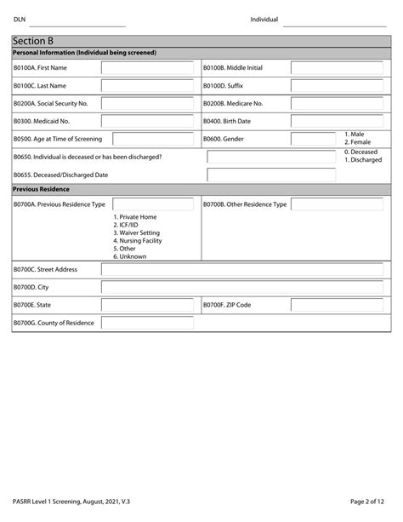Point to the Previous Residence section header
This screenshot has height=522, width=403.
(42, 188)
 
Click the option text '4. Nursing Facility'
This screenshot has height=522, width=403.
(137, 240)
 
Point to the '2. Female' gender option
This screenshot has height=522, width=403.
(359, 142)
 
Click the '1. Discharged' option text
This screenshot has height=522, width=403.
(363, 159)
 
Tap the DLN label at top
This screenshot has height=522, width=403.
(19, 20)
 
